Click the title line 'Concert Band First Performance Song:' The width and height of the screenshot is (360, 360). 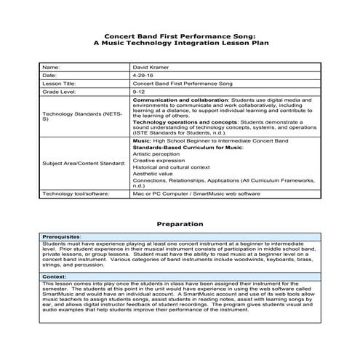pos(179,36)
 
